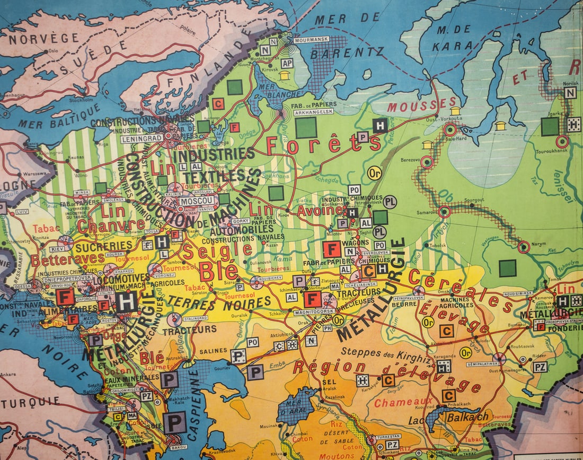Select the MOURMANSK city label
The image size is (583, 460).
(312, 39)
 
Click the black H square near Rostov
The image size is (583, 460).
(126, 301)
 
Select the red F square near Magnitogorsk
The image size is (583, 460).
(312, 299)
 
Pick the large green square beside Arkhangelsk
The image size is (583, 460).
(306, 127)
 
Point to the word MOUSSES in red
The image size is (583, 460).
(421, 104)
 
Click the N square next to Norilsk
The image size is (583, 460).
(570, 93)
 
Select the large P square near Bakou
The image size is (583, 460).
(174, 422)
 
